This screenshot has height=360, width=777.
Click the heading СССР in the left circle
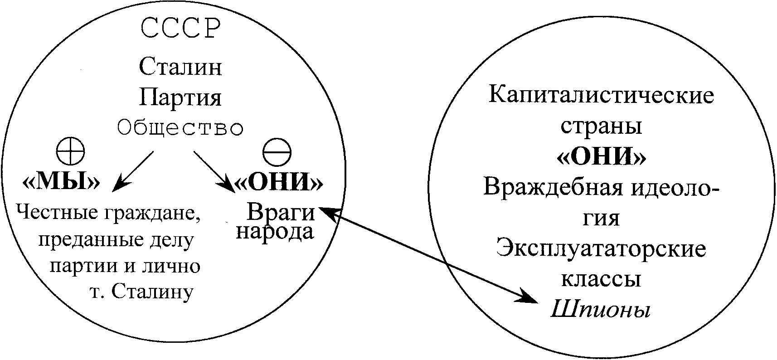[x=180, y=29]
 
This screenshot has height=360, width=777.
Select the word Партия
[x=180, y=97]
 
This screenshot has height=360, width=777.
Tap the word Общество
[x=180, y=129]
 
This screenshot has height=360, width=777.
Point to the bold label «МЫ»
[x=61, y=182]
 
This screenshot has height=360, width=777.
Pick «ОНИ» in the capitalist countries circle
[x=601, y=157]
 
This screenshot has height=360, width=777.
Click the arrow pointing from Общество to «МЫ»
[x=133, y=170]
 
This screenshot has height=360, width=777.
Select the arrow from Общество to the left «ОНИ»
[x=214, y=172]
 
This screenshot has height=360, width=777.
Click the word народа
[x=275, y=231]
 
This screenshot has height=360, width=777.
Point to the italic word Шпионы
[x=601, y=310]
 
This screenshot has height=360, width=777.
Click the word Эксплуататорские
[x=601, y=249]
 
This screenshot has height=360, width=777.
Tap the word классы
[x=601, y=279]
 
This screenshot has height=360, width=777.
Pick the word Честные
[x=55, y=211]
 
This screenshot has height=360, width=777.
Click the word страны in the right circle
[x=601, y=126]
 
